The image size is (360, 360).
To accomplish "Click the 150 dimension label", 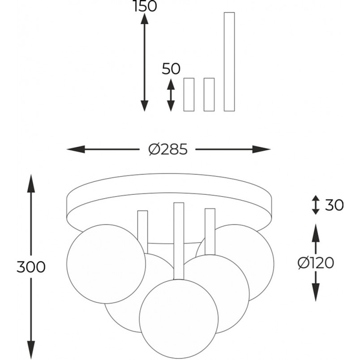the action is (145, 6).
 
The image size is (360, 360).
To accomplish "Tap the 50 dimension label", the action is (171, 69).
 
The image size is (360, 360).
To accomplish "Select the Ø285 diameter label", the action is (168, 149).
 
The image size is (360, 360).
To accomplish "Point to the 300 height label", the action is (31, 267).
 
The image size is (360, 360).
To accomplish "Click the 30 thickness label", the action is (334, 205).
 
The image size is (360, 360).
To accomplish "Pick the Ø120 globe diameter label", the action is (316, 263).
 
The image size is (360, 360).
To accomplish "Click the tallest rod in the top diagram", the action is (229, 62).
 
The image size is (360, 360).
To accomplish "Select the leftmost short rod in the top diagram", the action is (189, 94).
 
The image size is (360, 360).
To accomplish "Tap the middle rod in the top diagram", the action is (209, 94).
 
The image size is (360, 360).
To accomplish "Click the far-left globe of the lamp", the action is (106, 264).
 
